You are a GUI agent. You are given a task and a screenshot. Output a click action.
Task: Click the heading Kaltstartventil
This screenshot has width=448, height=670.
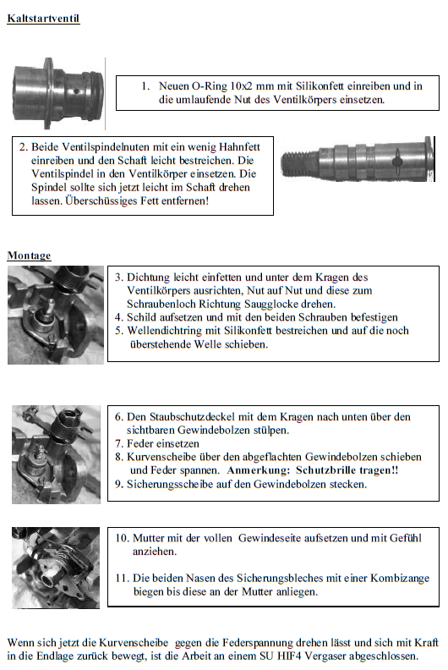tap(43, 19)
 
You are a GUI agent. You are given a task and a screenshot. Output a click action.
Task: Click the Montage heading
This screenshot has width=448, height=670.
tap(29, 255)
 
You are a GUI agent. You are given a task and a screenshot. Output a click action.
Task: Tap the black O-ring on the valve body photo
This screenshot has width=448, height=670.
tap(97, 96)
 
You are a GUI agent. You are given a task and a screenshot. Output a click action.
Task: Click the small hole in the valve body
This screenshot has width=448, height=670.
tap(76, 91)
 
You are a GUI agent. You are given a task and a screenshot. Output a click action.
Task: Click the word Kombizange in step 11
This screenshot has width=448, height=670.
tap(400, 578)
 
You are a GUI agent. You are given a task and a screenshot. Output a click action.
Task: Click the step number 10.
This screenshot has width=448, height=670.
tap(122, 538)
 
